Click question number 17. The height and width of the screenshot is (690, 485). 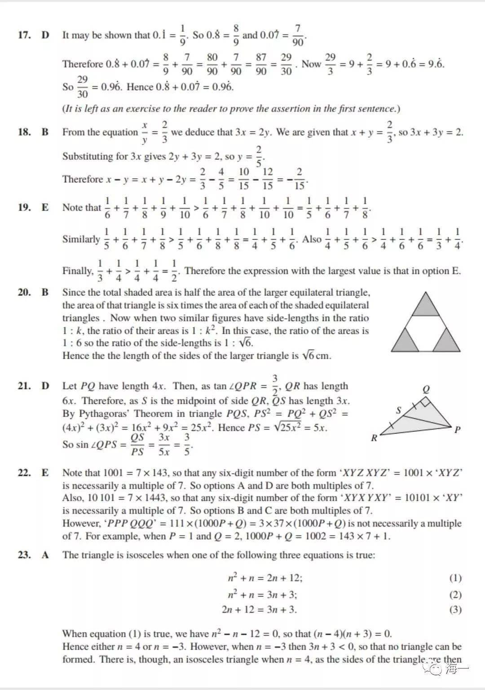click(24, 35)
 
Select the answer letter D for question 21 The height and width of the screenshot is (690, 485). click(45, 386)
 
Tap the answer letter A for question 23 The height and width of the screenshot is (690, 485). click(45, 555)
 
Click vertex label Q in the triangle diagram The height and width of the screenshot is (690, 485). click(426, 389)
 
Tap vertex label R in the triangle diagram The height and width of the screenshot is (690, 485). click(374, 439)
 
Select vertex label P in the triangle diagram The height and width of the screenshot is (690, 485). click(458, 430)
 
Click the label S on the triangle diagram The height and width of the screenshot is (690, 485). click(398, 410)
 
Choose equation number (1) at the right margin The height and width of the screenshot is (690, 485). click(455, 578)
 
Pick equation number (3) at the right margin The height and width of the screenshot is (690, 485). click(455, 610)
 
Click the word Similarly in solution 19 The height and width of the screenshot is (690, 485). click(81, 239)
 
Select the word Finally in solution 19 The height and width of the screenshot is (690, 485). click(78, 271)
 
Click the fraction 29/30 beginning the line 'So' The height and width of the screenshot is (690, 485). click(83, 87)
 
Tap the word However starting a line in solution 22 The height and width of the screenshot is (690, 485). click(82, 523)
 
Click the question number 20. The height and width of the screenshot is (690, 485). click(24, 292)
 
